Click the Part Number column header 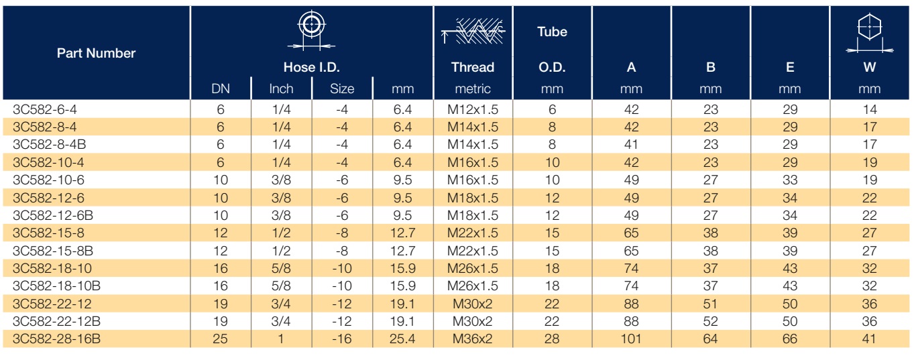pos(96,53)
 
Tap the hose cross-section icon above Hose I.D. pos(311,30)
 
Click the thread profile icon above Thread pos(473,31)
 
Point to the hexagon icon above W pos(870,33)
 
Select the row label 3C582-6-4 pos(44,109)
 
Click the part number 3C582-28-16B pos(56,339)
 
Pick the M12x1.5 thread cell pos(473,109)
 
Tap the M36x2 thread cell pos(473,339)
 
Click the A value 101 pos(631,339)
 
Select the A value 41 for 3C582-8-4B pos(631,144)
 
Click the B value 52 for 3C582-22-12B pos(710,321)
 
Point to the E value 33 pos(790,180)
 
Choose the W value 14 pos(870,109)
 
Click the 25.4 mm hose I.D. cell pos(402,339)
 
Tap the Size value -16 pos(342,339)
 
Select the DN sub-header pos(221,89)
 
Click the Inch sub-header pos(281,89)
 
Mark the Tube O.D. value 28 pos(552,339)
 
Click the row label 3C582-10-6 pos(48,180)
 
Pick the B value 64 pos(710,339)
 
